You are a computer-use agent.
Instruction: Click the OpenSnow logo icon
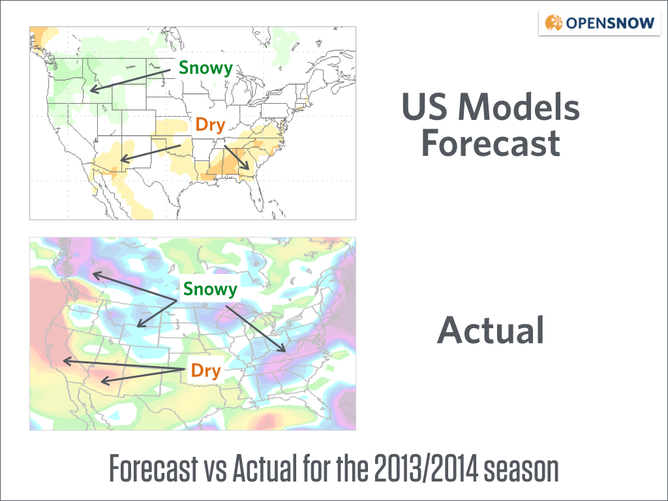(554, 23)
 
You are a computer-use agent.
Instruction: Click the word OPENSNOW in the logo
(610, 23)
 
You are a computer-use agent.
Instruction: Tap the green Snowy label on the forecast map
(205, 68)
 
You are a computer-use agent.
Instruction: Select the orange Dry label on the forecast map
(210, 125)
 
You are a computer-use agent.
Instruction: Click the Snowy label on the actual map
(210, 289)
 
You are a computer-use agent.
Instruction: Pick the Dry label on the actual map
(205, 371)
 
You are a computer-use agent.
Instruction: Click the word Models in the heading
(519, 106)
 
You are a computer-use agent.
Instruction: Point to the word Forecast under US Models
(491, 143)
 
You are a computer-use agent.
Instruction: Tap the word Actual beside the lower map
(491, 329)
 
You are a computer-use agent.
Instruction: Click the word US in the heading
(425, 106)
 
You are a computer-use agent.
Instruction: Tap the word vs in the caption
(215, 471)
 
